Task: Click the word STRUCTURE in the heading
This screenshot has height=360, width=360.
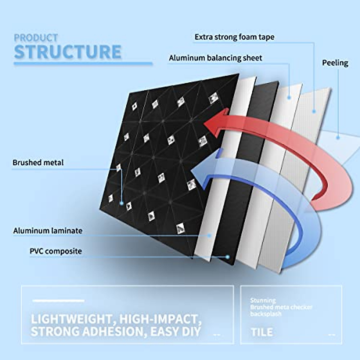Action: click(68, 52)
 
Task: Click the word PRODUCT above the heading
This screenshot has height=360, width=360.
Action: click(36, 38)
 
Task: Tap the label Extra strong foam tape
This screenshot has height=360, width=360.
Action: click(234, 37)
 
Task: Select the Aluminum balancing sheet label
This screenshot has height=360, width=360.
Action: click(215, 58)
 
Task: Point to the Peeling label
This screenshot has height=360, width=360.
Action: click(335, 63)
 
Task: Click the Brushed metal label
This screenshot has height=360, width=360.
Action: click(38, 163)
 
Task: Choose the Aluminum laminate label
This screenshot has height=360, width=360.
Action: click(48, 231)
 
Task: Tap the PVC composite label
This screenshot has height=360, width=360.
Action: click(56, 251)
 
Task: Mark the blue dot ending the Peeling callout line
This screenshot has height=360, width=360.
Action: click(338, 138)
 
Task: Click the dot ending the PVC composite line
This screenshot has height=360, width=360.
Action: click(228, 257)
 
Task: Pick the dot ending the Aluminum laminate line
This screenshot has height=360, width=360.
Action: click(210, 236)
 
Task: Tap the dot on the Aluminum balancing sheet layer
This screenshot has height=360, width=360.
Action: click(289, 97)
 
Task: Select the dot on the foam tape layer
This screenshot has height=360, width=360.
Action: click(314, 111)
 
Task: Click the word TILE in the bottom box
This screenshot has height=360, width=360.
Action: click(262, 332)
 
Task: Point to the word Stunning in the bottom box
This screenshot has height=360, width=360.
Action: click(263, 300)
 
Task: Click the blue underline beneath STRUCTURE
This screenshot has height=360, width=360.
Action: click(83, 64)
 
